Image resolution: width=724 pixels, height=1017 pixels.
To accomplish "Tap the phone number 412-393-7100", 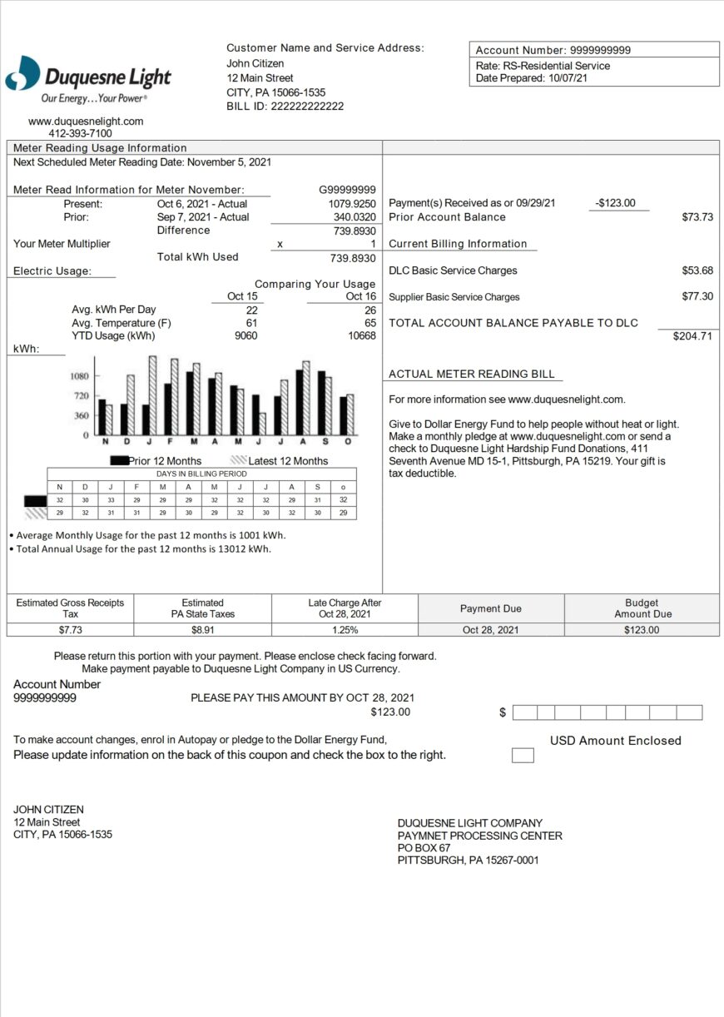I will coord(80,133).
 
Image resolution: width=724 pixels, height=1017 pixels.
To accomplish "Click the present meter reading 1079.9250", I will coord(352,203).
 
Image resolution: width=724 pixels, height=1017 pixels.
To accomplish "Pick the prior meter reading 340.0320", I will coord(354,217).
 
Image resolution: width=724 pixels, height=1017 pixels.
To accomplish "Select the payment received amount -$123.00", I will coord(615,203).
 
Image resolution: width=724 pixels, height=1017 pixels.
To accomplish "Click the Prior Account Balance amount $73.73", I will coord(697,217).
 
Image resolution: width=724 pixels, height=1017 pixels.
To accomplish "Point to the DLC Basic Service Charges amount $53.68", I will coord(697,270).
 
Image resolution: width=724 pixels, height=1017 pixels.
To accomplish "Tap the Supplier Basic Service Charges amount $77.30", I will coord(697,296).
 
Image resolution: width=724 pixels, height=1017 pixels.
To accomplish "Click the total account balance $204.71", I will coord(692,336).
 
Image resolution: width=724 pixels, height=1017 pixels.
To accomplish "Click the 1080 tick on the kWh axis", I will coord(80,376).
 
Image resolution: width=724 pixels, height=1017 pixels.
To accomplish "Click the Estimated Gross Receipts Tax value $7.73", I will coord(70,630).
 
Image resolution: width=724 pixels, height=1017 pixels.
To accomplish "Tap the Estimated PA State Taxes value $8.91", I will coord(202,630).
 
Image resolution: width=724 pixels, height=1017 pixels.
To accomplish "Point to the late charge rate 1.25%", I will coord(345,630).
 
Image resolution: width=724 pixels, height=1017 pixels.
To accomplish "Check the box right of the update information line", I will coord(523,756).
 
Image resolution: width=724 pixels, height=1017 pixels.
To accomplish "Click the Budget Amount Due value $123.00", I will coord(641,630).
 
